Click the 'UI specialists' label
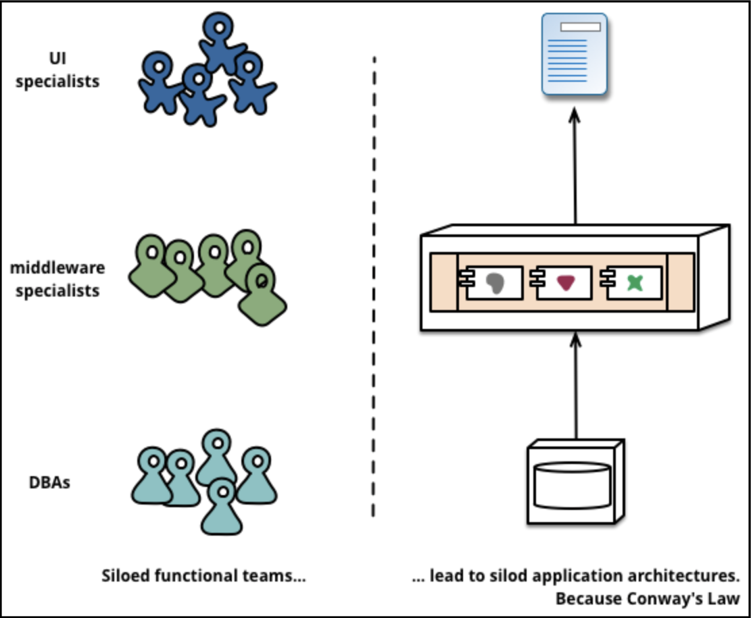(x=57, y=70)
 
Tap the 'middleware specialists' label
(x=57, y=279)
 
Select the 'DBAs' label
(x=50, y=482)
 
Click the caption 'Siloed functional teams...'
(x=203, y=575)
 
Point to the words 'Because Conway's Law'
(x=648, y=598)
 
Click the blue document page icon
(x=575, y=54)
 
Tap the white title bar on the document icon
(x=581, y=27)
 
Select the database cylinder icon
(x=573, y=486)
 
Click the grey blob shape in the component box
(x=495, y=283)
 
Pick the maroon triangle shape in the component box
(x=566, y=282)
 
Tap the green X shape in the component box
(x=635, y=283)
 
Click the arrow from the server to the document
(x=575, y=166)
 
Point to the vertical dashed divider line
(x=374, y=287)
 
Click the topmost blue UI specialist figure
(x=221, y=42)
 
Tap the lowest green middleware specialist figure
(x=262, y=295)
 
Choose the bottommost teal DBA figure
(x=222, y=507)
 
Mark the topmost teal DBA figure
(x=217, y=457)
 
